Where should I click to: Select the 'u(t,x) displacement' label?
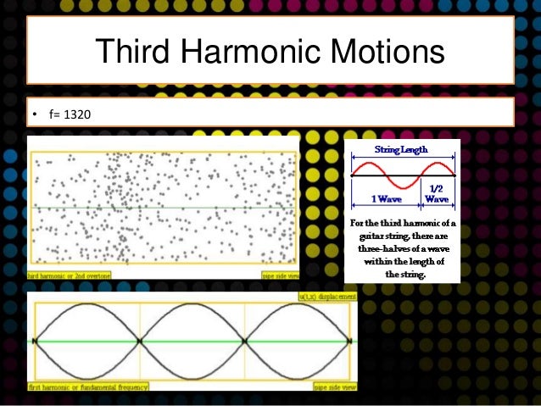(327, 297)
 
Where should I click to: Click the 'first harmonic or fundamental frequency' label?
(88, 387)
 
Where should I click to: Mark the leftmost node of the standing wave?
(35, 341)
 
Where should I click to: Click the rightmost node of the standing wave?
(349, 341)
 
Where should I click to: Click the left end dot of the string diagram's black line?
(352, 175)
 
